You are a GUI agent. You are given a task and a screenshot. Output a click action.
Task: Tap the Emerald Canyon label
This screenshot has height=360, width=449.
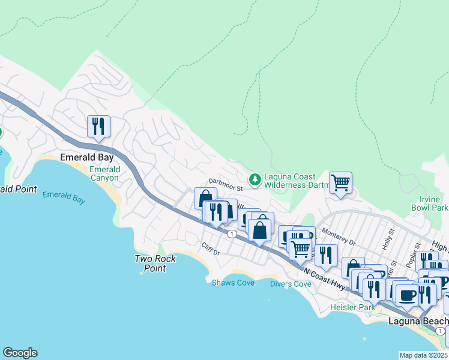tap(105, 173)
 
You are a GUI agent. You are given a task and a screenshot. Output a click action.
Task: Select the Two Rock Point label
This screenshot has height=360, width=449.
tap(149, 263)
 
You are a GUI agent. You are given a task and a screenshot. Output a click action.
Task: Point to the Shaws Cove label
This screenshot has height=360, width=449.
tap(233, 283)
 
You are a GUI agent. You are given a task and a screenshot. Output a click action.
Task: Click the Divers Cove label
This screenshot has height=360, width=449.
tap(291, 284)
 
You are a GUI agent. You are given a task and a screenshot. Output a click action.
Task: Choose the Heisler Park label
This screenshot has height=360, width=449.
tap(352, 307)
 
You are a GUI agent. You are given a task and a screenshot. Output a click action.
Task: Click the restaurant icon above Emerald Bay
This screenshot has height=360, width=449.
tap(98, 127)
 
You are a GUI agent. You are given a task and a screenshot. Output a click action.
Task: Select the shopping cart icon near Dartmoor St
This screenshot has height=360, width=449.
tap(340, 182)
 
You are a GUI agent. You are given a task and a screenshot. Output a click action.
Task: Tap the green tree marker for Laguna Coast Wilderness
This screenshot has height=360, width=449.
tap(255, 179)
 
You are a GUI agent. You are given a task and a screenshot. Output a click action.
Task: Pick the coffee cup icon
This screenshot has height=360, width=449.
tap(408, 295)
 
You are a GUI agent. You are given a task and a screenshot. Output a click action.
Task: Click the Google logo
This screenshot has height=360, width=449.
tap(20, 353)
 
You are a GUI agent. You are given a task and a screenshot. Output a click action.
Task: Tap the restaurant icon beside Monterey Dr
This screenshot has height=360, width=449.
tap(326, 255)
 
